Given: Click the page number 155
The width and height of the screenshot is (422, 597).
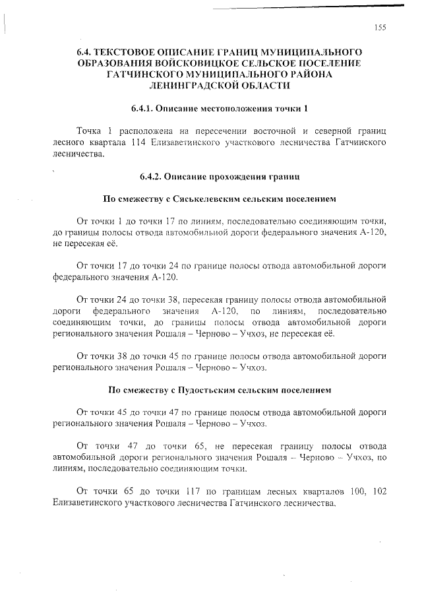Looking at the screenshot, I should click(379, 27).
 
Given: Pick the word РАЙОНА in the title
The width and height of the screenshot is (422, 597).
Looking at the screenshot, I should click(311, 75).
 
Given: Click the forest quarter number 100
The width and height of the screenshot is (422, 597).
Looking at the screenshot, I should click(348, 491).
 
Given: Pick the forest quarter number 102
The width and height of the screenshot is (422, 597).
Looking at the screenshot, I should click(377, 491).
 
